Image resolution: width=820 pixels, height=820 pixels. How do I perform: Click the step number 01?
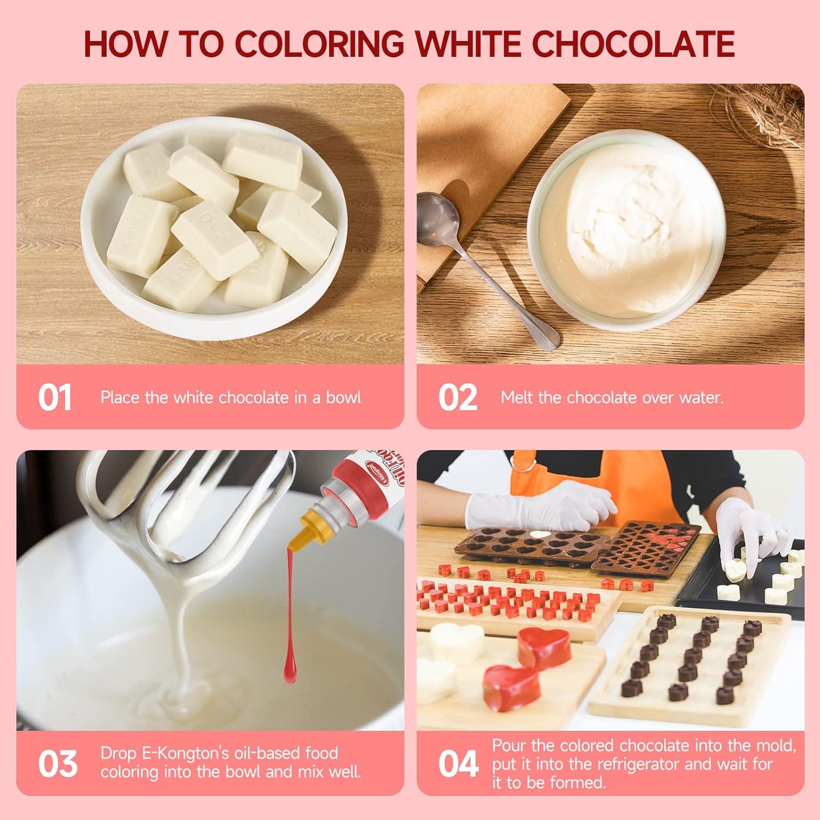point(55,397)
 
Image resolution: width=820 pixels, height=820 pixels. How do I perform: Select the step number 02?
point(458,397)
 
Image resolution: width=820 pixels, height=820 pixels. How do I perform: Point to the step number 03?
point(57,763)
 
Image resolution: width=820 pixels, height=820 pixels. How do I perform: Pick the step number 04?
point(458,764)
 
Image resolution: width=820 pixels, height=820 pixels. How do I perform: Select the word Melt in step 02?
point(517,397)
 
